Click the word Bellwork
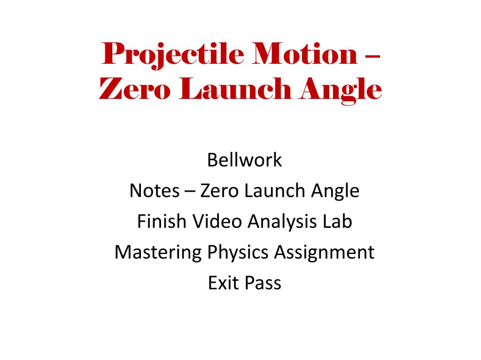[x=244, y=160]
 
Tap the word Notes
[x=154, y=191]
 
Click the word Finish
[x=162, y=221]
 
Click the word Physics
[x=238, y=253]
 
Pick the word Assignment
[x=324, y=253]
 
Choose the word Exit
[x=224, y=283]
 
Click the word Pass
[x=263, y=283]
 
